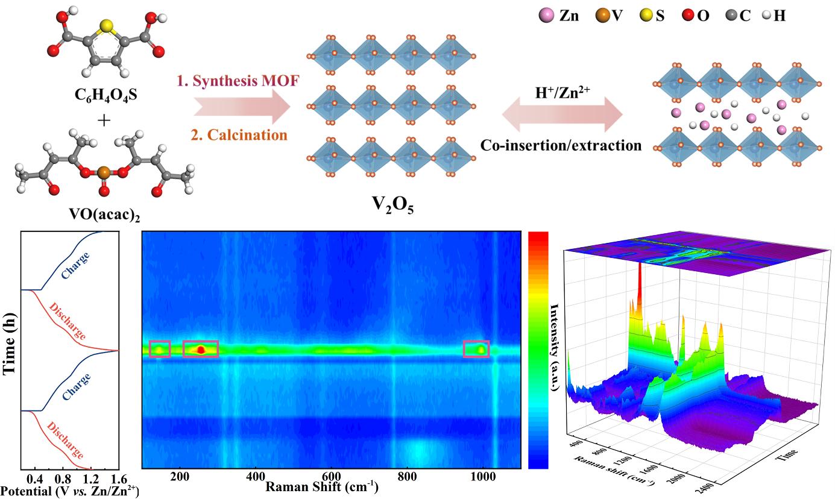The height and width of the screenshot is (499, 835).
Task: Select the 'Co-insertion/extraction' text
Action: pyautogui.click(x=561, y=145)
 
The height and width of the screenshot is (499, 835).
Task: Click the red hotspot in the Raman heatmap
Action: pyautogui.click(x=201, y=349)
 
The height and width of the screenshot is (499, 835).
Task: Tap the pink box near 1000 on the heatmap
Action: pyautogui.click(x=476, y=349)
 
